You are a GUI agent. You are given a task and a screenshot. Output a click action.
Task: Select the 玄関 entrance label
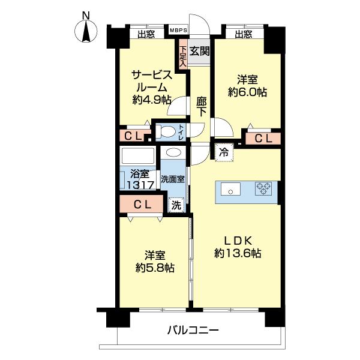point(200,51)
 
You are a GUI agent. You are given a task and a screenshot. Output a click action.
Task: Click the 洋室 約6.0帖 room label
point(247,85)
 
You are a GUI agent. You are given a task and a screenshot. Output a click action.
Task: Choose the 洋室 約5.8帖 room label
point(154,261)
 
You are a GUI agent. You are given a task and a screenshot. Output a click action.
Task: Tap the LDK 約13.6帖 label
point(238,245)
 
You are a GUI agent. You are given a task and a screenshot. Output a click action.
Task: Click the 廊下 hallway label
point(202,106)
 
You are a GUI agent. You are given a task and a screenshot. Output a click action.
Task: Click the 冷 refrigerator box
point(223,152)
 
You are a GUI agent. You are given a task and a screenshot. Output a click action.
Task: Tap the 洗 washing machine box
point(176,205)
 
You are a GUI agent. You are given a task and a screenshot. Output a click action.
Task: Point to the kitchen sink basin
point(230,190)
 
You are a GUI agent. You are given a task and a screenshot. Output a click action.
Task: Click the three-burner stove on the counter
point(263,189)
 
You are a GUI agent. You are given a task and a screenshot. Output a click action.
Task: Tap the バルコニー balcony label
point(193,330)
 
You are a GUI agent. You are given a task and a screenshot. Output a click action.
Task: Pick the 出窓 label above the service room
point(146,34)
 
